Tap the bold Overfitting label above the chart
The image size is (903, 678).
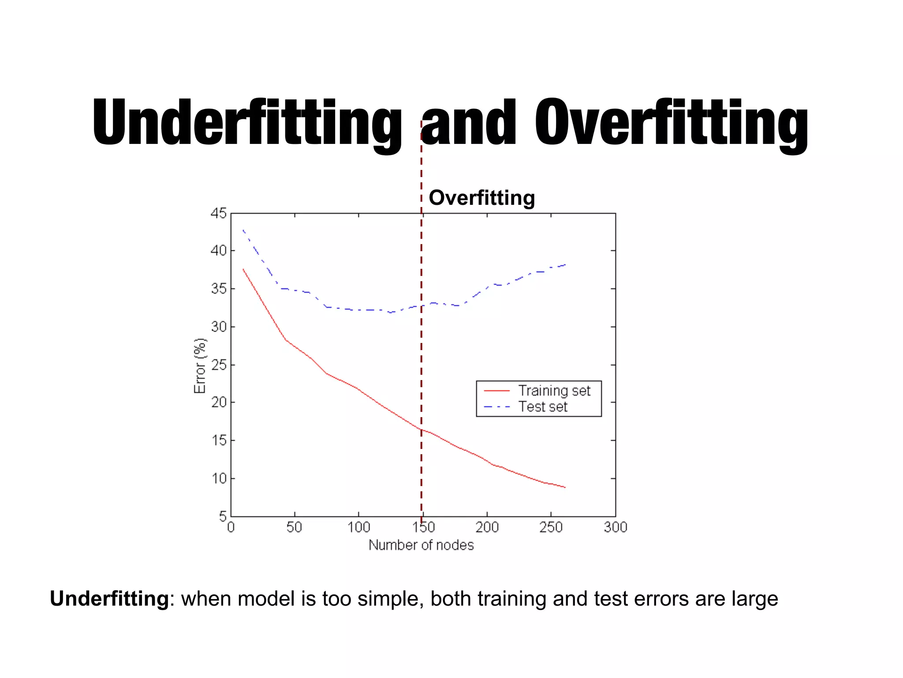click(481, 197)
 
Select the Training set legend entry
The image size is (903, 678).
click(554, 391)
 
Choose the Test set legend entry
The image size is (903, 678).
click(542, 407)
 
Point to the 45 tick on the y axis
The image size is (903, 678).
click(218, 214)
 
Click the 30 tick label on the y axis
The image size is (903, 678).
click(218, 327)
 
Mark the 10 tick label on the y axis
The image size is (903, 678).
click(218, 478)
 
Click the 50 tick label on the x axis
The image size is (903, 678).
click(294, 527)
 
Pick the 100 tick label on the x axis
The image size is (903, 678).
click(358, 527)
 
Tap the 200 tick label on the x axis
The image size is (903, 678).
click(487, 527)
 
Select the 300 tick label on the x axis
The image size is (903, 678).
click(615, 527)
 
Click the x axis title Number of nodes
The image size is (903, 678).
click(421, 545)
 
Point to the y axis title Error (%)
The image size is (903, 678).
click(200, 365)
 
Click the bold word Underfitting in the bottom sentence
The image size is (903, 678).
click(109, 599)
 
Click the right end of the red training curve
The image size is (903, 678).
click(565, 487)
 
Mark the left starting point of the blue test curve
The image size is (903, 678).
click(243, 230)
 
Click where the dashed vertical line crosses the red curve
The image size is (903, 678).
click(422, 429)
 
